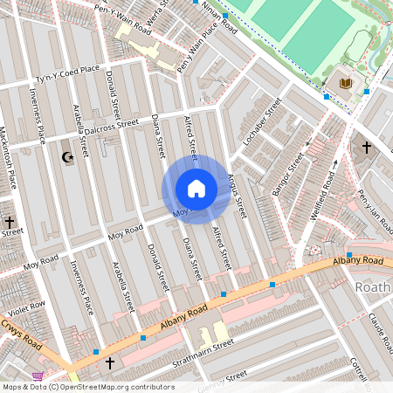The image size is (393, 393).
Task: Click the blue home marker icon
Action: (x=196, y=189)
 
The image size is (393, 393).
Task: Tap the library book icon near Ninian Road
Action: (x=345, y=83)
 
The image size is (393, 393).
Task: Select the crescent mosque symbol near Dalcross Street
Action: (x=67, y=157)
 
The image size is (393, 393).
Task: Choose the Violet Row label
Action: (x=25, y=309)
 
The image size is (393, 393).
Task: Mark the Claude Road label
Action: (x=381, y=327)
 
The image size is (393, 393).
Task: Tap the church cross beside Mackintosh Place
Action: (x=10, y=223)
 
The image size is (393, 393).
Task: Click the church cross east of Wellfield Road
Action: (x=366, y=148)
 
